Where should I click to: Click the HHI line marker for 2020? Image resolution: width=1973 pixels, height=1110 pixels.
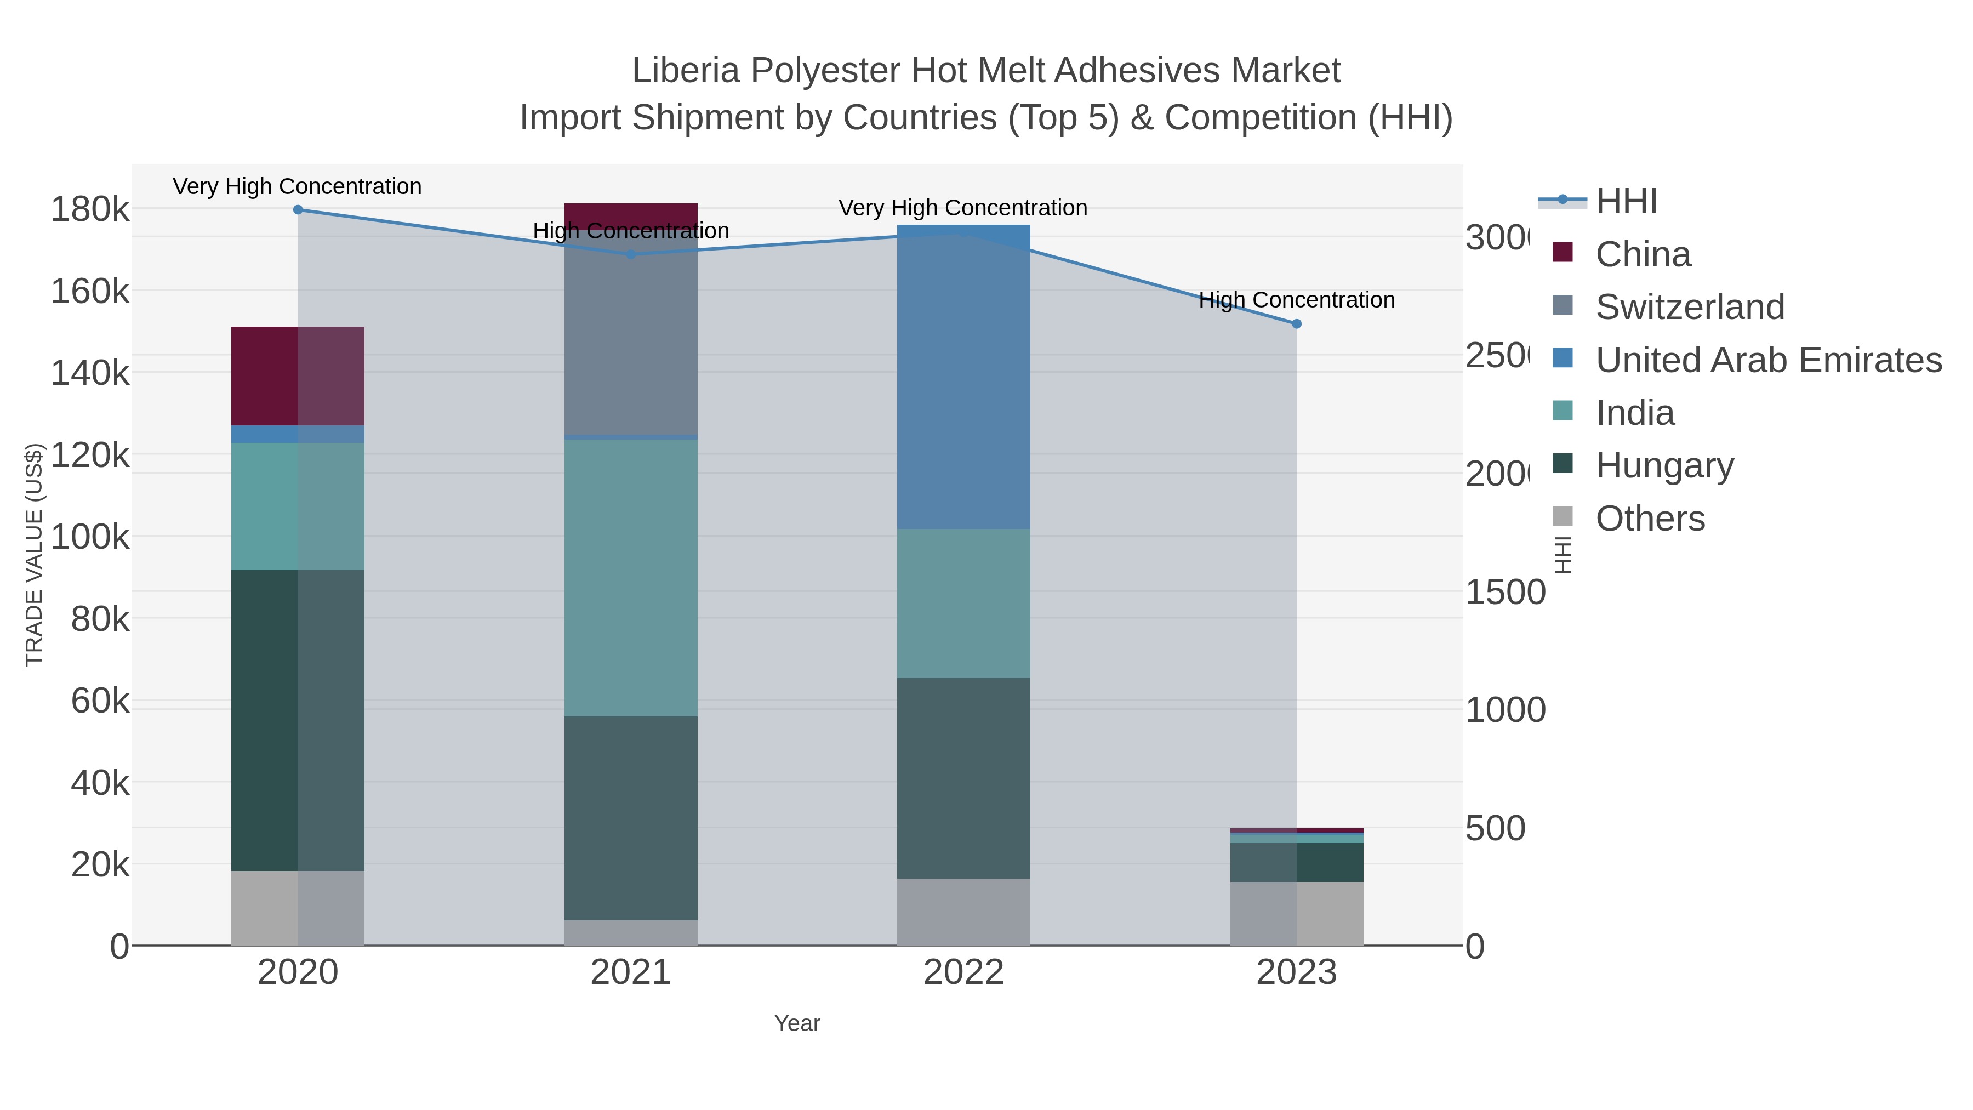(x=298, y=210)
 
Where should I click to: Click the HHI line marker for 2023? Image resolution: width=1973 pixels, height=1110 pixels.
(x=1296, y=324)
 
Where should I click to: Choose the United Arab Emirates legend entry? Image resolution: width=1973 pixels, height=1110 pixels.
(x=1767, y=360)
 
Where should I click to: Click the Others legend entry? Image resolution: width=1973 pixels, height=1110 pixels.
(x=1650, y=519)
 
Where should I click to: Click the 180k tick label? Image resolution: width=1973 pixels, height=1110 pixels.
(x=90, y=209)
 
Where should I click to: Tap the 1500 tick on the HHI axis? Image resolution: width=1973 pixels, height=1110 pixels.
(x=1505, y=592)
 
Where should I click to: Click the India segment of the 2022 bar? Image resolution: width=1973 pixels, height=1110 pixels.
(x=963, y=603)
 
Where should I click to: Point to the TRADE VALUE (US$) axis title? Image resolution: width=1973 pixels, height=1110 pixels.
(x=35, y=555)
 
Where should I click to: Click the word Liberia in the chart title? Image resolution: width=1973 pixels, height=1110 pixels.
(x=686, y=71)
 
